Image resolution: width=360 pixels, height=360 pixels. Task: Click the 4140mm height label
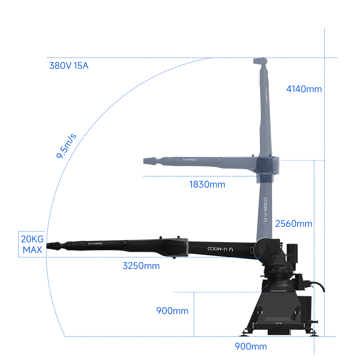pos(303,89)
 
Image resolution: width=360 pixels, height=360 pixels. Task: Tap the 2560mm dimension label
pos(294,224)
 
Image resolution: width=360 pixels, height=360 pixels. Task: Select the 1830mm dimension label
pos(205,185)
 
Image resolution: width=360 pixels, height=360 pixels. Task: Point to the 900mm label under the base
pos(251,347)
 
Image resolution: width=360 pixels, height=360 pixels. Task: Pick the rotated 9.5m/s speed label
pos(67,146)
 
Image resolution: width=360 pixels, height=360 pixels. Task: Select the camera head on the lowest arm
pos(56,246)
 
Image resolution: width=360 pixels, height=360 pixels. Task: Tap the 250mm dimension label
pos(142,266)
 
